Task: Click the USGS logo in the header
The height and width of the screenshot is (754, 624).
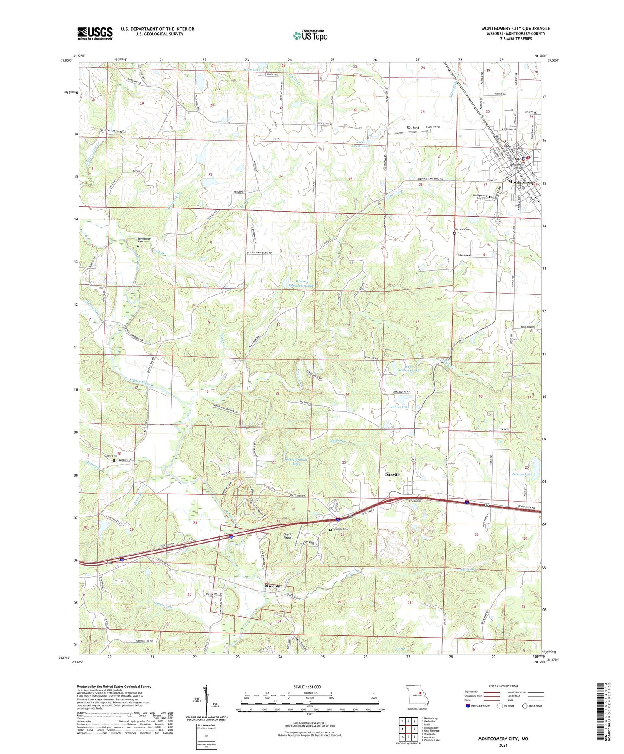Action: [x=95, y=33]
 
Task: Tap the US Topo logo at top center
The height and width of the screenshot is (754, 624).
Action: [x=310, y=36]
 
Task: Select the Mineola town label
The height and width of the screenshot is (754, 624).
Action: [x=273, y=586]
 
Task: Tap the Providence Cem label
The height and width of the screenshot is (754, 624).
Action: [x=144, y=240]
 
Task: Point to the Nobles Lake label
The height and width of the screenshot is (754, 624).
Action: [x=399, y=407]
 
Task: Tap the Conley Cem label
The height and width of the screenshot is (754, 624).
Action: [x=110, y=456]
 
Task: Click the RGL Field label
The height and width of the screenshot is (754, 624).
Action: [x=413, y=128]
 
